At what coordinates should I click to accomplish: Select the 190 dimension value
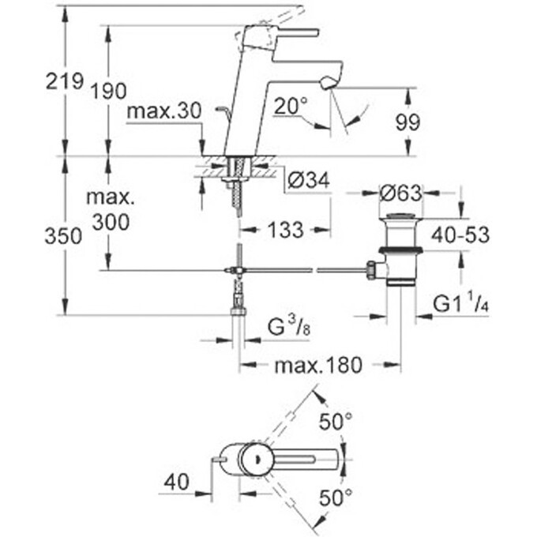point(109,91)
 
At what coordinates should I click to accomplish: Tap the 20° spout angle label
point(291,107)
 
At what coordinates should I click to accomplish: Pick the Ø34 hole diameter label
point(309,181)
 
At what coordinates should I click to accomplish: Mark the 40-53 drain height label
point(460,235)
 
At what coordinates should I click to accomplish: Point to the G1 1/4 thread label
point(461,303)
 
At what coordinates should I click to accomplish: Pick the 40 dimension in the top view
point(177,481)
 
